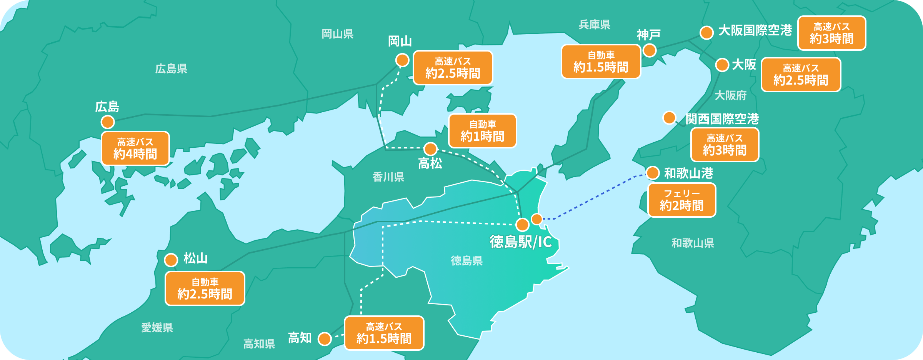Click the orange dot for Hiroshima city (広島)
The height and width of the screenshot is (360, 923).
point(108,122)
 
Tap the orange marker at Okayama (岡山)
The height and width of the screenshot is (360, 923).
point(402,60)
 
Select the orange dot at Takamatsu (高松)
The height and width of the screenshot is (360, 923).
point(430,148)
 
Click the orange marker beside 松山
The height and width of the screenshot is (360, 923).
point(171,260)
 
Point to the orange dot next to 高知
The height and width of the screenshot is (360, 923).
point(325,339)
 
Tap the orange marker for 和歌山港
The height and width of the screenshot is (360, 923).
point(653,173)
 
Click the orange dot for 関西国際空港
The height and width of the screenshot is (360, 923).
point(669,117)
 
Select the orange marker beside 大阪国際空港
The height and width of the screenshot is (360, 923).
point(706,33)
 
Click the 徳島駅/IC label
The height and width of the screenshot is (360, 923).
point(521,242)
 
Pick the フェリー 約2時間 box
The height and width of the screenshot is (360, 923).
point(681,200)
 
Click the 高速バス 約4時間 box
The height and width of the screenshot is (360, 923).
point(135,148)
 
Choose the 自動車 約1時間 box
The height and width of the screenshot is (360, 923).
point(482,131)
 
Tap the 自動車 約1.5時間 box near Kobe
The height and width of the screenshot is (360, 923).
point(601,62)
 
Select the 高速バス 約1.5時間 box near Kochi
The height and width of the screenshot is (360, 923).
point(384,333)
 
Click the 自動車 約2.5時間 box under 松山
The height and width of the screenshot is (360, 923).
point(205,288)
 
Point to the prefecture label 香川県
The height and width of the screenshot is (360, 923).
point(388,177)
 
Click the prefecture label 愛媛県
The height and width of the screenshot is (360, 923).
point(157,327)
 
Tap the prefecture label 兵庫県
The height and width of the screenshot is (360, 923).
point(594,25)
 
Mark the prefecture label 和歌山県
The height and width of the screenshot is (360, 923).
point(693,243)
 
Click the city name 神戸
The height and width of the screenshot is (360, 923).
point(648,35)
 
